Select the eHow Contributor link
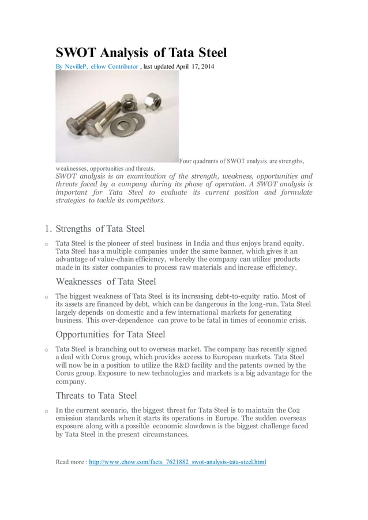[x=116, y=67]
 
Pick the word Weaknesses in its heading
[x=81, y=282]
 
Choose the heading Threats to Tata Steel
[x=96, y=395]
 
